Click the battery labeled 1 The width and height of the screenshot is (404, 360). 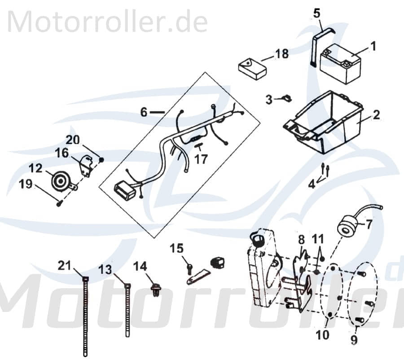tap(340, 66)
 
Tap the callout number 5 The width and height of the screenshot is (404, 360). tap(317, 13)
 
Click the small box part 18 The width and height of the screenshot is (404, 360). tap(252, 68)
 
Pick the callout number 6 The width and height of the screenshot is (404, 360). tap(144, 112)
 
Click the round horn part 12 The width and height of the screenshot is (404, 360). tap(59, 180)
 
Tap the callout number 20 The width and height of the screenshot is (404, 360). tap(73, 140)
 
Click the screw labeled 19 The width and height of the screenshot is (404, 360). tap(60, 204)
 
